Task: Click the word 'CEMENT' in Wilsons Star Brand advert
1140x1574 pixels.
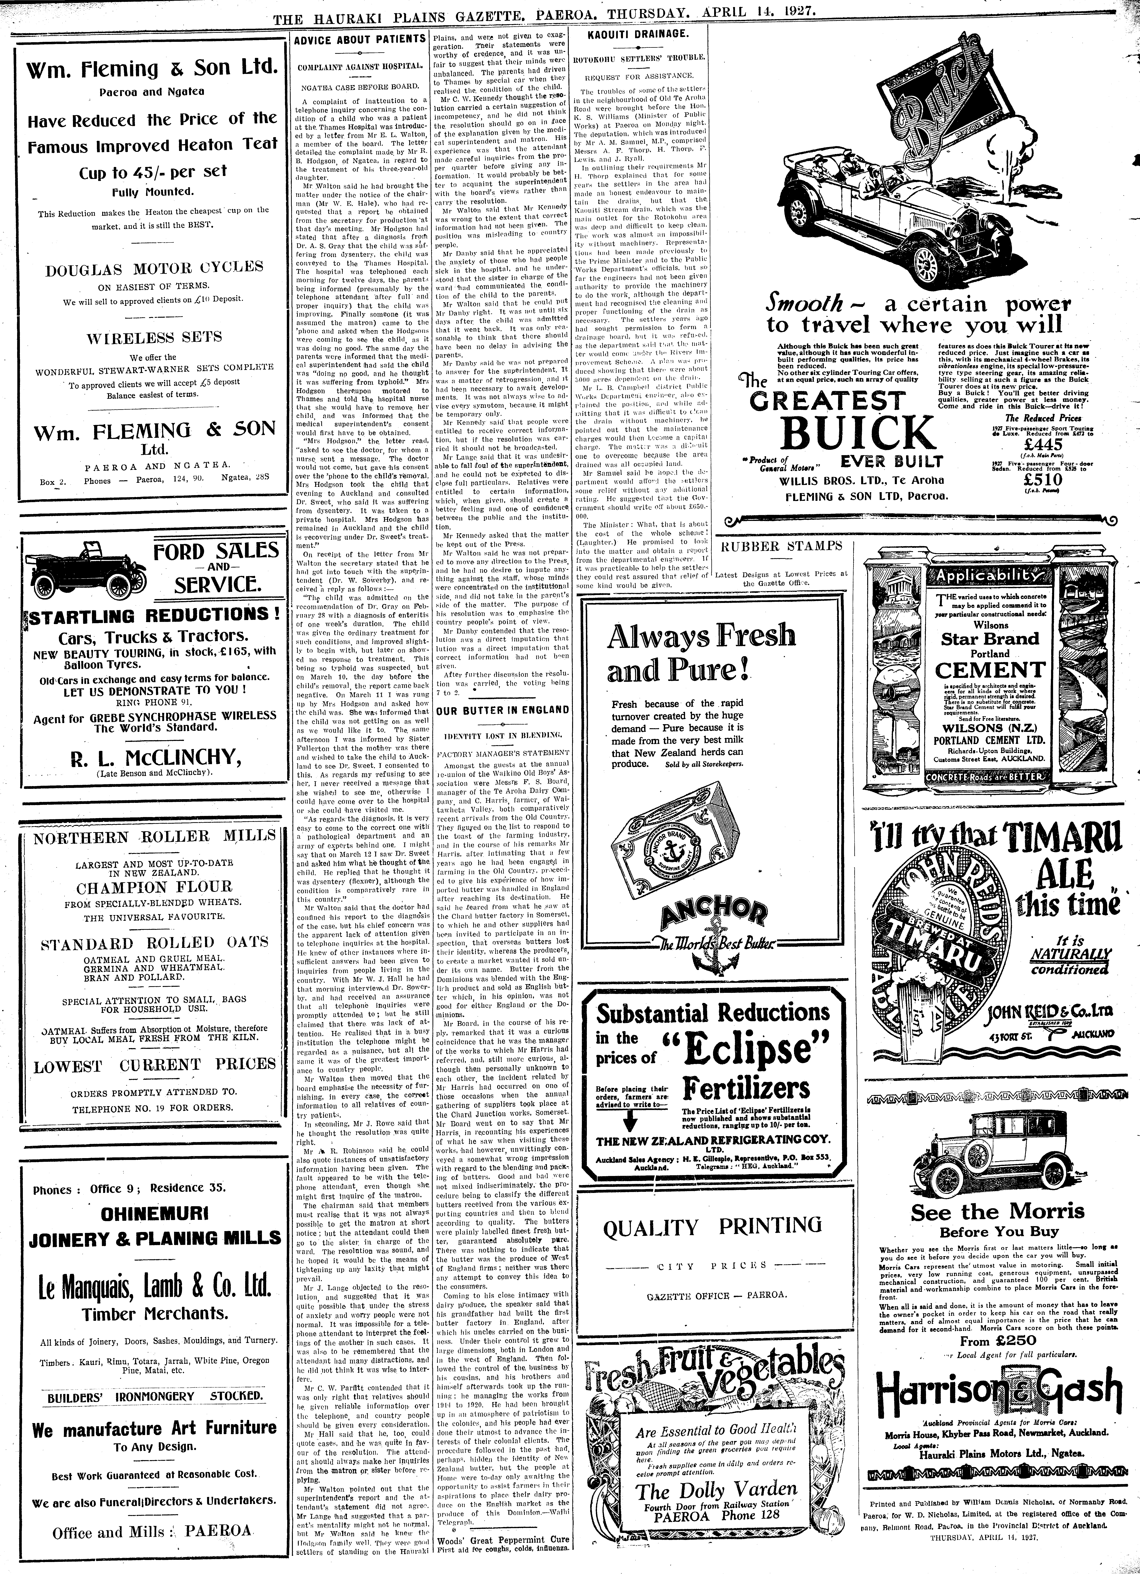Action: (x=990, y=670)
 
